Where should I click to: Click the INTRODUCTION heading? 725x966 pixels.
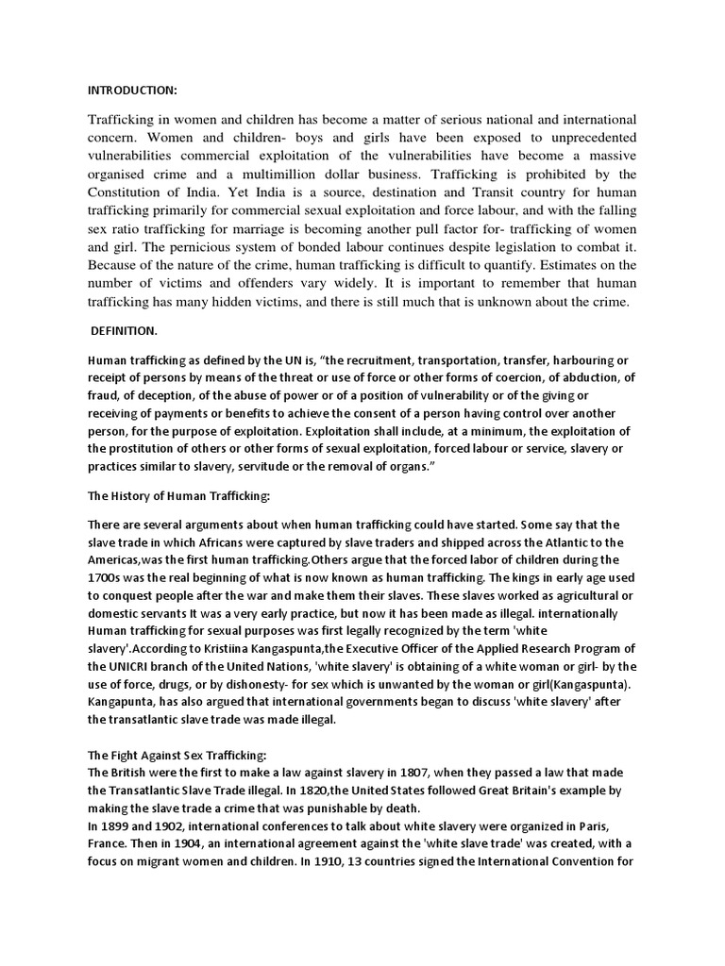[132, 91]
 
